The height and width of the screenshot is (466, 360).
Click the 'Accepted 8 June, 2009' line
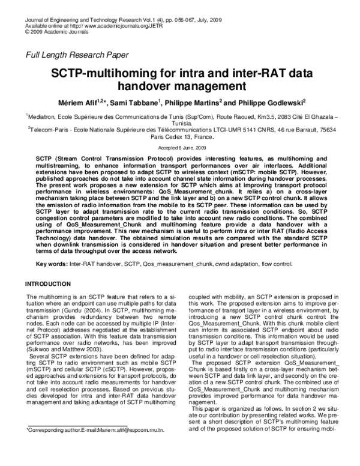pyautogui.click(x=180, y=147)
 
